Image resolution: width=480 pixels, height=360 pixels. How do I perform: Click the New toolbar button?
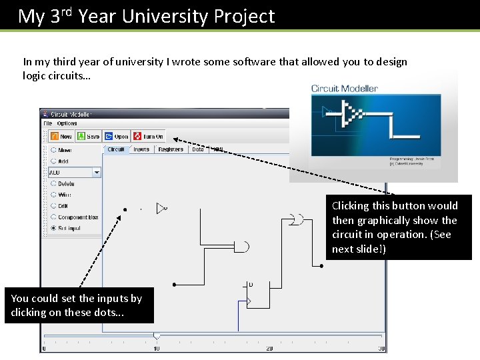(61, 136)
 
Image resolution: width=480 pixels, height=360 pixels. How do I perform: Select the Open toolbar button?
(117, 136)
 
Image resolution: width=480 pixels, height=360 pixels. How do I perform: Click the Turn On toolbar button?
(148, 136)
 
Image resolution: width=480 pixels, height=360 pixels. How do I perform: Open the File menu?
(47, 123)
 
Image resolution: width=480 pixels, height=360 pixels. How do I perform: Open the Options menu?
(67, 123)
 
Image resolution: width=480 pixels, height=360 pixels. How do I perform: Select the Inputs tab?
(141, 149)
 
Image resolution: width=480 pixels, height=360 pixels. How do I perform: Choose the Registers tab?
(171, 149)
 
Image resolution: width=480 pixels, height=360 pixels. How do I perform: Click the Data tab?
(198, 149)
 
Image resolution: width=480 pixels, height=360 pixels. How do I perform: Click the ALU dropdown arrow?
(97, 172)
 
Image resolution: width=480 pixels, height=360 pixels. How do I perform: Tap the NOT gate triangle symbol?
(161, 209)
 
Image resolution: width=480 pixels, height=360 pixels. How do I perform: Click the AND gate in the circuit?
(243, 247)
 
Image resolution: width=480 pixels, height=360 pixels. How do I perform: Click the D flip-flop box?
(258, 295)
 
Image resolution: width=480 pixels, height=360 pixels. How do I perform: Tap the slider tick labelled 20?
(269, 348)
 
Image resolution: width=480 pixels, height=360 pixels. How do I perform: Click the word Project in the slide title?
(244, 16)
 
